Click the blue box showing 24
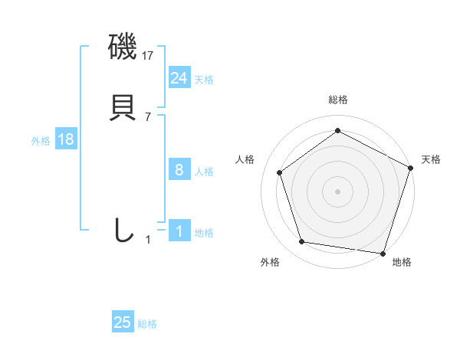179,78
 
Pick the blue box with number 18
65,140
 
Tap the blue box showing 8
179,170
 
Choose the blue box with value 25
123,322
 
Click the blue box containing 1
179,231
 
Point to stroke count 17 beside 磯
148,56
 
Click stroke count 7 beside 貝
148,117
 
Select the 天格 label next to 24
204,80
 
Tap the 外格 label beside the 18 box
41,141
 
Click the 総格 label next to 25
147,324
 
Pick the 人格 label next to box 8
204,172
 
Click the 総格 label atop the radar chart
337,100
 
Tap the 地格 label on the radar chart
402,262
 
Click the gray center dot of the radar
337,191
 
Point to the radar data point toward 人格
280,172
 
